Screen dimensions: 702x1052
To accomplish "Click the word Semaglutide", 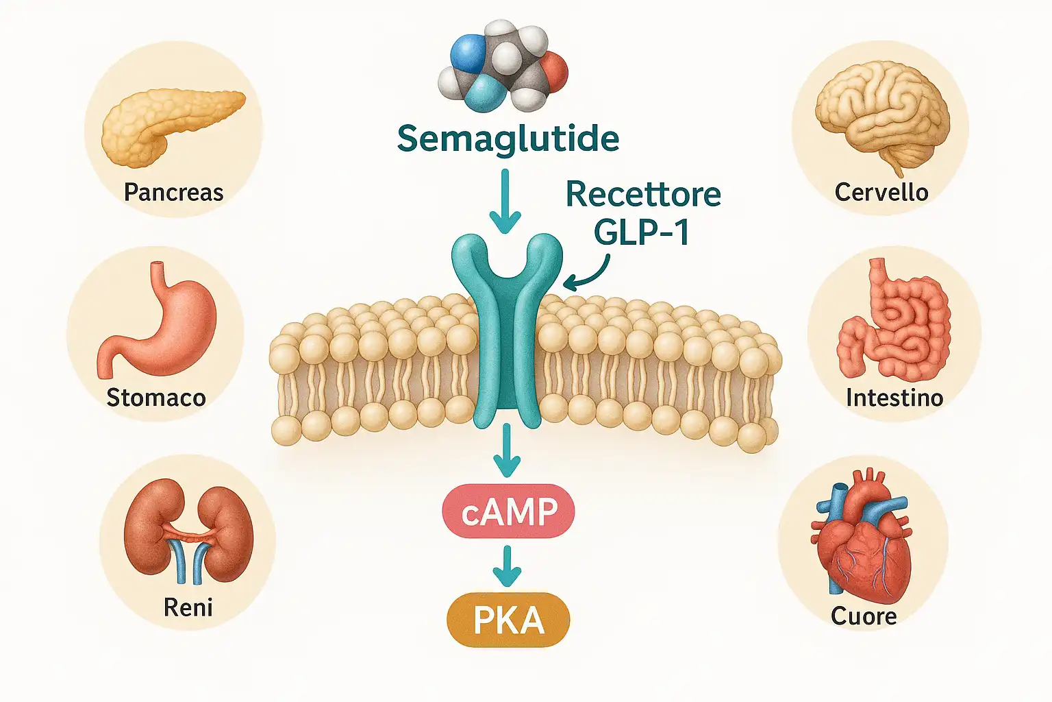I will point(508,139).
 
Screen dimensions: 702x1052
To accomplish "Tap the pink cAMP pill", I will point(508,512).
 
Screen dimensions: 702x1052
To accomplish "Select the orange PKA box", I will point(508,620).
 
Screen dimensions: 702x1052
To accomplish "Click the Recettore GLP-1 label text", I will point(642,213).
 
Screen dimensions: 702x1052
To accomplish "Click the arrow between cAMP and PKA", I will point(507,566).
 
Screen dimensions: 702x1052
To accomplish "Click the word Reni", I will point(188,607).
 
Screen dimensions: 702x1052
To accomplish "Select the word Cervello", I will point(881,193).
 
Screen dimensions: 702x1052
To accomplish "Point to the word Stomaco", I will point(156,398).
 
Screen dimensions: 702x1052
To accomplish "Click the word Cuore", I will point(864,616).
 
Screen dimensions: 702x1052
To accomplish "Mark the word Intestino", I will point(894,398).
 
